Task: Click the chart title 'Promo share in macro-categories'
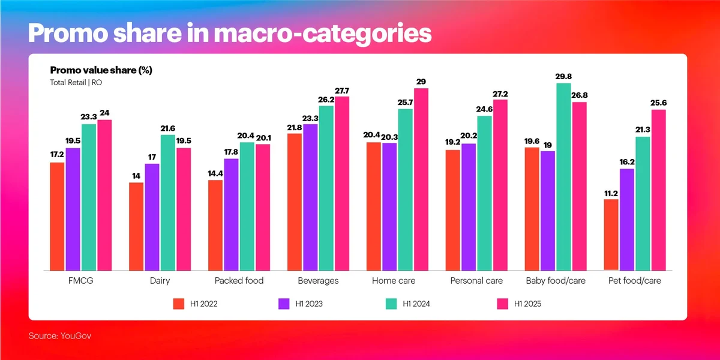(x=230, y=32)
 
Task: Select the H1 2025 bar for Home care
(x=421, y=180)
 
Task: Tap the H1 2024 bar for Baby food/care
(x=563, y=177)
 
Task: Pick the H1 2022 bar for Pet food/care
(x=611, y=235)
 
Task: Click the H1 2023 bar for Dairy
(x=152, y=217)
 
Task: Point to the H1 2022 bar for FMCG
(x=57, y=217)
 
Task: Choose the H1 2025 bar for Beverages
(x=342, y=184)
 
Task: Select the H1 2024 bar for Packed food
(x=247, y=206)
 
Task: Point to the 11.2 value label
(x=611, y=194)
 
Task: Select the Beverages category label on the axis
(x=318, y=281)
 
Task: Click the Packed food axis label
(x=239, y=281)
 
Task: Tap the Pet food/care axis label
(x=635, y=281)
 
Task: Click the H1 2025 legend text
(x=528, y=304)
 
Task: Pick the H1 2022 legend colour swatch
(x=178, y=304)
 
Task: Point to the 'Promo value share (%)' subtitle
(x=101, y=70)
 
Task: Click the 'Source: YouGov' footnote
(x=60, y=336)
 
